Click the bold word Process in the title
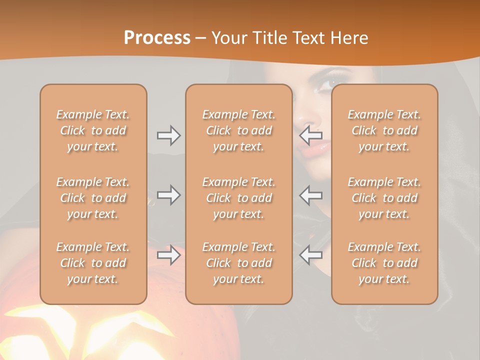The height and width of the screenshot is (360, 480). [x=157, y=38]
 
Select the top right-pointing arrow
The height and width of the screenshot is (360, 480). [x=168, y=135]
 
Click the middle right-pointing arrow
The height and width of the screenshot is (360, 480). [x=168, y=195]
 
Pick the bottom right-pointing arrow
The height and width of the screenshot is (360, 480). [x=168, y=255]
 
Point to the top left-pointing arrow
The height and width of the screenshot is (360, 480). [x=311, y=135]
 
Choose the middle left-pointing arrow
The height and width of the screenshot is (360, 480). [x=311, y=195]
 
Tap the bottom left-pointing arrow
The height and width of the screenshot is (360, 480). [x=311, y=255]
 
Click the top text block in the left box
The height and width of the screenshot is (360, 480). [x=93, y=130]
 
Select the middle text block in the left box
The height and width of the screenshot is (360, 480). [x=93, y=198]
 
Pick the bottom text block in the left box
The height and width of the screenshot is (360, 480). [x=93, y=263]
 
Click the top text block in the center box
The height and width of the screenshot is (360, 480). [x=238, y=130]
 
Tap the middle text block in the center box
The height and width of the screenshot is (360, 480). [x=238, y=198]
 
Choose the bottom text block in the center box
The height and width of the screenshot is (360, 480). [x=238, y=263]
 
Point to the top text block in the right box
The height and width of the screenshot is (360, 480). [x=384, y=130]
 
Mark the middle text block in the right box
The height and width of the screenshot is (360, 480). [x=384, y=198]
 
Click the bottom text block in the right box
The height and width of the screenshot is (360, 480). [x=384, y=263]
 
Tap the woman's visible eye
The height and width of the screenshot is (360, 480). [x=326, y=83]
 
